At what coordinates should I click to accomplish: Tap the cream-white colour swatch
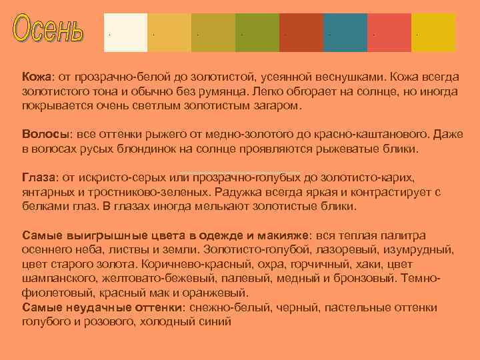point(125,32)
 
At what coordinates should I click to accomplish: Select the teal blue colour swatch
point(345,32)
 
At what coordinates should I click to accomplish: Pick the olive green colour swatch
point(257,32)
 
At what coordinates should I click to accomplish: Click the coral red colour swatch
point(389,32)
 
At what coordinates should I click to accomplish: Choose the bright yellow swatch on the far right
point(433,32)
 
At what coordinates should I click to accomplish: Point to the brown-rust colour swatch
point(301,32)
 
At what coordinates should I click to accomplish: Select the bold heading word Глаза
point(39,178)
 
